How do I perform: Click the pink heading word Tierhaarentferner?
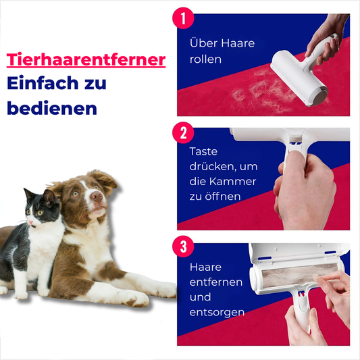[x=86, y=59]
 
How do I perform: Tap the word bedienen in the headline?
[x=52, y=107]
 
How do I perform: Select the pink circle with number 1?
[x=183, y=18]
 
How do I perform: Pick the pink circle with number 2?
[x=183, y=132]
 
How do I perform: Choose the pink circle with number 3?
[x=183, y=247]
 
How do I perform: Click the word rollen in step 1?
[x=205, y=59]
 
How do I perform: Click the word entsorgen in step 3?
[x=217, y=313]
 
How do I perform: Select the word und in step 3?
[x=200, y=297]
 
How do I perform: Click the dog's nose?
[x=97, y=196]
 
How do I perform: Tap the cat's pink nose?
[x=30, y=222]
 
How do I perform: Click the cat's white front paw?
[x=21, y=294]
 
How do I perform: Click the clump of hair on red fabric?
[x=264, y=92]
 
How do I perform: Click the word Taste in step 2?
[x=203, y=151]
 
